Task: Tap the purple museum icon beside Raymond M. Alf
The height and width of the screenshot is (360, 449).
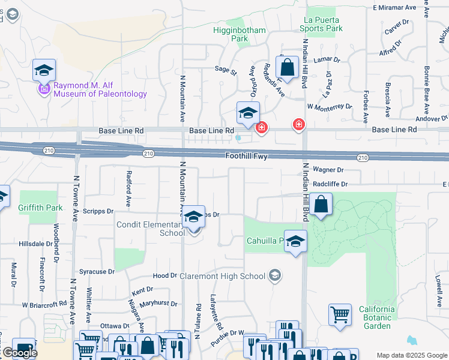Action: pyautogui.click(x=43, y=89)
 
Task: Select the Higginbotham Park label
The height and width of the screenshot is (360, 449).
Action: pyautogui.click(x=232, y=34)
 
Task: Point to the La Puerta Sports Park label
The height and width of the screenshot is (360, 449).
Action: pyautogui.click(x=324, y=23)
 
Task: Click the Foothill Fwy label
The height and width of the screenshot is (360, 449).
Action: pyautogui.click(x=246, y=156)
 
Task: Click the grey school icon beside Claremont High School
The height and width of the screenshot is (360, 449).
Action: pyautogui.click(x=275, y=276)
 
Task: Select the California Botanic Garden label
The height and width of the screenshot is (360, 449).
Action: pyautogui.click(x=378, y=317)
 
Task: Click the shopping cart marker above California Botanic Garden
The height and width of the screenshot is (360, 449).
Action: pyautogui.click(x=340, y=314)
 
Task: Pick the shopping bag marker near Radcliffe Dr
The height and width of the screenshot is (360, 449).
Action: pyautogui.click(x=322, y=205)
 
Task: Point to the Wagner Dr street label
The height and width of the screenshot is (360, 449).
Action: pyautogui.click(x=328, y=170)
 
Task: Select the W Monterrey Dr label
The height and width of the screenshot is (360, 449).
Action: pyautogui.click(x=329, y=106)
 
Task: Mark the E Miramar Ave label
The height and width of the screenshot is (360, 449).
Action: pyautogui.click(x=394, y=8)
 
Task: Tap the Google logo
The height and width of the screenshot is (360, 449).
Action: pyautogui.click(x=19, y=353)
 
